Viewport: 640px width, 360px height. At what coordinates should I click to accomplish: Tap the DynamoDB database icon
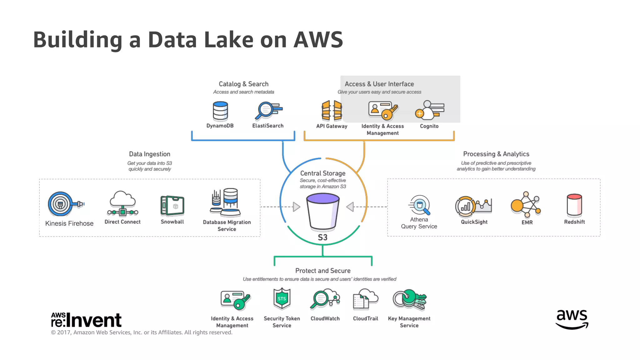[220, 111]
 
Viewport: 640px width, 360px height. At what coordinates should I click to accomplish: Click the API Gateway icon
[332, 111]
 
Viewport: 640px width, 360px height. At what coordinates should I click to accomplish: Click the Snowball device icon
[172, 206]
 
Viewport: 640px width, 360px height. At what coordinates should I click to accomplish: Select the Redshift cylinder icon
[574, 205]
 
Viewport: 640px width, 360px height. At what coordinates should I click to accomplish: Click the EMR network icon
[526, 205]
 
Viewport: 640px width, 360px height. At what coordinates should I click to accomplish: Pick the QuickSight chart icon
[473, 206]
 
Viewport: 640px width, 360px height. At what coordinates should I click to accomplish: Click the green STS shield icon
[282, 298]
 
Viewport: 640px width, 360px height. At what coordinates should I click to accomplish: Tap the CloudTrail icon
[365, 299]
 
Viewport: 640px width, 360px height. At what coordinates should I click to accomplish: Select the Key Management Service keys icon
[409, 299]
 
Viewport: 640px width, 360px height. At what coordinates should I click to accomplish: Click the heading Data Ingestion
[149, 154]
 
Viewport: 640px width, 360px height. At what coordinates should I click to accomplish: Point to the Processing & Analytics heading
[496, 154]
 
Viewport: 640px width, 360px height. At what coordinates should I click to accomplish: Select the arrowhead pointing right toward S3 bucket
[296, 207]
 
